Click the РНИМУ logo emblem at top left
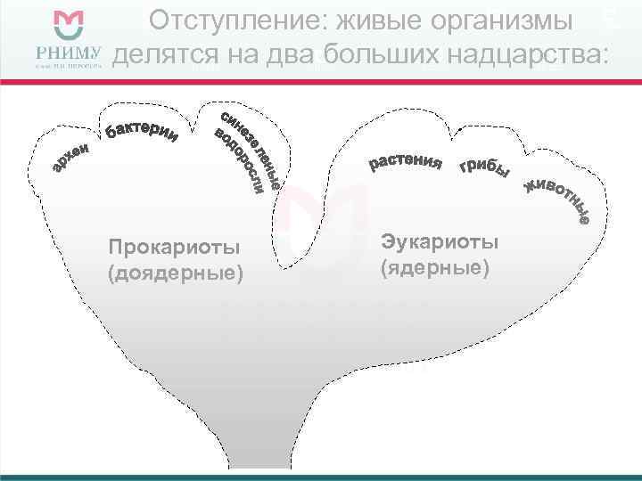(70, 27)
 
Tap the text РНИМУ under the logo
(70, 53)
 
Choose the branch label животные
(557, 201)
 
